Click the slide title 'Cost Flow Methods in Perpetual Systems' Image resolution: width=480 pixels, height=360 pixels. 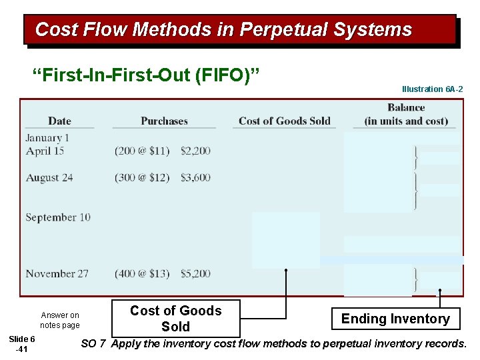click(x=223, y=30)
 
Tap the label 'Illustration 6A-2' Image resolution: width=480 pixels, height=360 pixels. click(x=432, y=89)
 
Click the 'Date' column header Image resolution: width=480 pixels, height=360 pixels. click(x=59, y=121)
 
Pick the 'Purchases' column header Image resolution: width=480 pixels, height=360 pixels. click(x=164, y=121)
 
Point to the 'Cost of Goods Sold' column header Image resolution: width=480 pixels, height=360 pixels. click(x=284, y=121)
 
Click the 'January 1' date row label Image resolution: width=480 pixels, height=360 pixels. click(x=47, y=138)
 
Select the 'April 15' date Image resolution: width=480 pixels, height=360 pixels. click(x=45, y=151)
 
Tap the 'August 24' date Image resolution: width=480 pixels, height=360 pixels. click(x=49, y=178)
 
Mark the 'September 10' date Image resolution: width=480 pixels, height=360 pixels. click(x=58, y=217)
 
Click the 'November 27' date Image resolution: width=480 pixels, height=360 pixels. click(x=57, y=273)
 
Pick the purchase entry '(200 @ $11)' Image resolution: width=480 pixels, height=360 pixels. click(x=143, y=151)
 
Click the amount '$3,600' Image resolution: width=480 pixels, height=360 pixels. click(x=195, y=178)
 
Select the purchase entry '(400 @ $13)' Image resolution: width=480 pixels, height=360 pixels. click(x=143, y=273)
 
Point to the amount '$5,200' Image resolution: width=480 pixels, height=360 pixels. click(x=195, y=273)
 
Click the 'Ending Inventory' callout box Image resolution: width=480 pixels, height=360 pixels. click(x=395, y=319)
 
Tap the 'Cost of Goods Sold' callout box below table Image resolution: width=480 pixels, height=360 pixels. click(x=175, y=319)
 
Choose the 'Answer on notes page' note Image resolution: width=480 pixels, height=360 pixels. click(x=59, y=320)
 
